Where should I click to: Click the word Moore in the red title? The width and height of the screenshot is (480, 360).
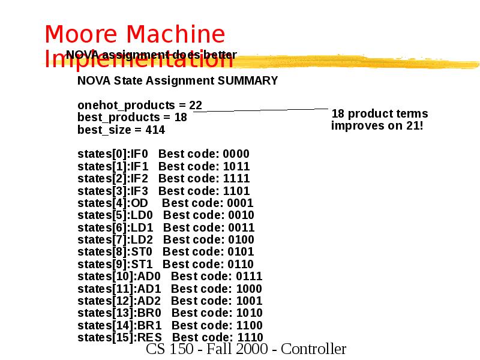[x=85, y=35]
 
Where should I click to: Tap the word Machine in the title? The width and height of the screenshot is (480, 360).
[x=179, y=35]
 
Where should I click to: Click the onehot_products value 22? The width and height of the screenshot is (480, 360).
[x=196, y=105]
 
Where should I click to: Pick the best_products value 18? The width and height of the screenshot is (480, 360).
[x=180, y=117]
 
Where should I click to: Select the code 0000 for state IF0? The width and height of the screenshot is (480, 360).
[x=236, y=154]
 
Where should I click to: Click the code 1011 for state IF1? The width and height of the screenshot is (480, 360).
[x=236, y=166]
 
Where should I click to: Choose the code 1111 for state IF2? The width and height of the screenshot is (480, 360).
[x=236, y=178]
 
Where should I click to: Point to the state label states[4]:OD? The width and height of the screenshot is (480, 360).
[x=113, y=203]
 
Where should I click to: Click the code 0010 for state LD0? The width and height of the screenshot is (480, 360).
[x=241, y=215]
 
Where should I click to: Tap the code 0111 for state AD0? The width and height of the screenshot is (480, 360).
[x=249, y=276]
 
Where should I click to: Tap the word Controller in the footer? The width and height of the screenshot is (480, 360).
[x=314, y=349]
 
